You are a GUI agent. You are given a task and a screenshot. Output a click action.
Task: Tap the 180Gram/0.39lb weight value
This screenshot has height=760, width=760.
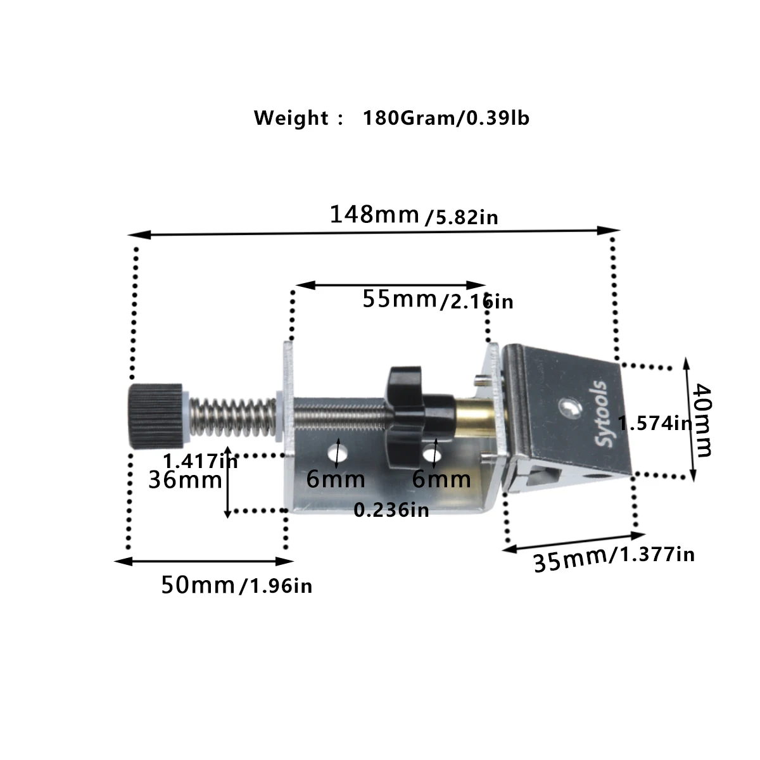point(446,118)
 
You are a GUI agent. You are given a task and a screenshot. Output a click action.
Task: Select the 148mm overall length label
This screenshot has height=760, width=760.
point(374,215)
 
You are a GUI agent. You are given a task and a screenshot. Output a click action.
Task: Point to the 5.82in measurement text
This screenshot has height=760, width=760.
point(462,218)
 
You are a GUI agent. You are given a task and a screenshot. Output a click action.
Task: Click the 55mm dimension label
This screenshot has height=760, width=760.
point(400,298)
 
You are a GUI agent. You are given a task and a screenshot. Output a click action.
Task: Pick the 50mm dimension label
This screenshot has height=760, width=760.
point(198,585)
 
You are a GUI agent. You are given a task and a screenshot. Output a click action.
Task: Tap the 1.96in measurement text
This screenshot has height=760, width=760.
point(277,586)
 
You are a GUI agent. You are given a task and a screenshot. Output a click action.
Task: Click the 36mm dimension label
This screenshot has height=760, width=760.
point(185,480)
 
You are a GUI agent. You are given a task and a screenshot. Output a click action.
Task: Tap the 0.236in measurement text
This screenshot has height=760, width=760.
point(391,510)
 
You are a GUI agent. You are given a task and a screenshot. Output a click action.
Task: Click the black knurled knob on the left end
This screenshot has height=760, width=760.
point(156,415)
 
